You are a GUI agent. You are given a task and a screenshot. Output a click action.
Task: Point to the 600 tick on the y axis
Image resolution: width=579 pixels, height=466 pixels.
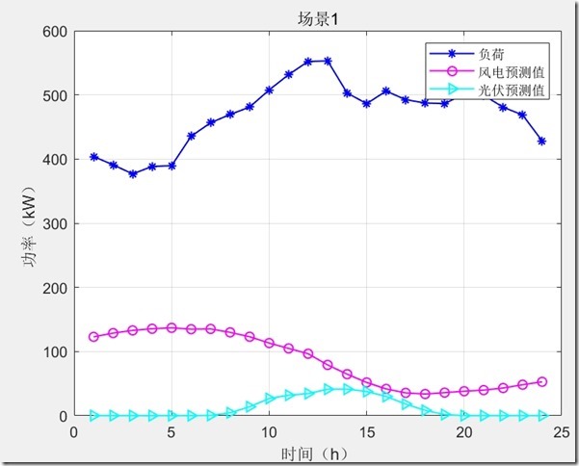(54, 32)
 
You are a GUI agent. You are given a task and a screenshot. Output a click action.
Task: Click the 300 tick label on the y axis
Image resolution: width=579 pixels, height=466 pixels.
(54, 223)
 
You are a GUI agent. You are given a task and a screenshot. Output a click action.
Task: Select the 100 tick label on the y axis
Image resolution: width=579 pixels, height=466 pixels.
(54, 351)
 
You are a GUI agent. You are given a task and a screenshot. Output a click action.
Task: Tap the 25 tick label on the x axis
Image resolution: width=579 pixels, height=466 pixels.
(561, 431)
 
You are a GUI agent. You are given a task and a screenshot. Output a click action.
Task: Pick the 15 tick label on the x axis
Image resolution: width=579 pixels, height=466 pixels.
(366, 431)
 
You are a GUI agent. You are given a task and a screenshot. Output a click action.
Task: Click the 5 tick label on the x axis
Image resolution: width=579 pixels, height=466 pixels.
(171, 431)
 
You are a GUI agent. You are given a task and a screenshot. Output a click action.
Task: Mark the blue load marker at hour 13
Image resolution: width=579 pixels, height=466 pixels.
(328, 61)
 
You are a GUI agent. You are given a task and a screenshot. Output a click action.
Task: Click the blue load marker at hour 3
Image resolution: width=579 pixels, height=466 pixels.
(133, 174)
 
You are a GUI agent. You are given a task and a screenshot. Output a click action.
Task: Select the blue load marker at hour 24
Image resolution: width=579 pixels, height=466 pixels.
(541, 142)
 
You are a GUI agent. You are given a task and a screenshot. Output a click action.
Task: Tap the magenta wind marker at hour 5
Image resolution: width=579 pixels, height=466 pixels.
(171, 327)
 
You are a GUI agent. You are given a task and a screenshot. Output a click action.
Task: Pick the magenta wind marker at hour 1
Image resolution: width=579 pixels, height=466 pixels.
(93, 337)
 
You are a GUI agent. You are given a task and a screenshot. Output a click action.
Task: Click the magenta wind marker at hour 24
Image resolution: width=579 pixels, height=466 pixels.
(541, 382)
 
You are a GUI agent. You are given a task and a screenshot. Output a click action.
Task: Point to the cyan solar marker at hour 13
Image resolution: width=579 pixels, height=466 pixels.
(328, 389)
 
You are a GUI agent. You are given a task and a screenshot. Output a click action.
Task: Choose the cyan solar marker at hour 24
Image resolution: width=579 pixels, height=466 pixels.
(541, 416)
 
